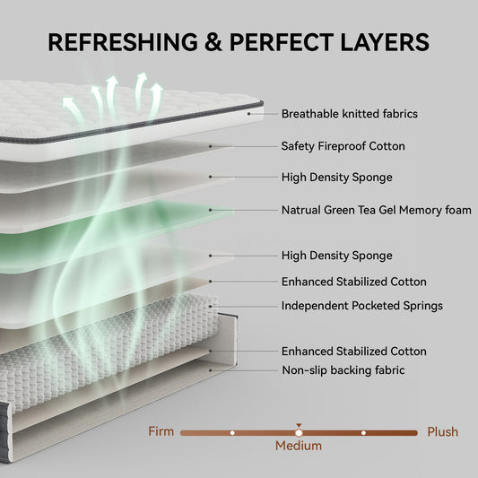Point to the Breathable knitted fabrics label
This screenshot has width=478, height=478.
click(x=349, y=114)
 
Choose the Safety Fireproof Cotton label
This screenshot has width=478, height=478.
click(x=343, y=145)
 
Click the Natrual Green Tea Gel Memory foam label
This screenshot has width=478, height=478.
click(x=376, y=211)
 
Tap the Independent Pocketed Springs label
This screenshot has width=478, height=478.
click(x=361, y=306)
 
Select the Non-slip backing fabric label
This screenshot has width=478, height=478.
click(x=342, y=369)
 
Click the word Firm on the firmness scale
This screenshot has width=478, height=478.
click(x=161, y=431)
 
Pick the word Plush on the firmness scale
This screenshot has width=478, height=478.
click(x=442, y=431)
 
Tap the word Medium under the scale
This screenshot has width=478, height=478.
click(x=298, y=445)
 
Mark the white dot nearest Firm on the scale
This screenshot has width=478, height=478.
click(x=232, y=432)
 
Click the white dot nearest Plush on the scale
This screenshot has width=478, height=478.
click(x=363, y=432)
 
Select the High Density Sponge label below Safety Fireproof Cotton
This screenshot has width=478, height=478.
click(x=336, y=178)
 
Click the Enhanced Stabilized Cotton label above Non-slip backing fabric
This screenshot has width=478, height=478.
click(x=353, y=351)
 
